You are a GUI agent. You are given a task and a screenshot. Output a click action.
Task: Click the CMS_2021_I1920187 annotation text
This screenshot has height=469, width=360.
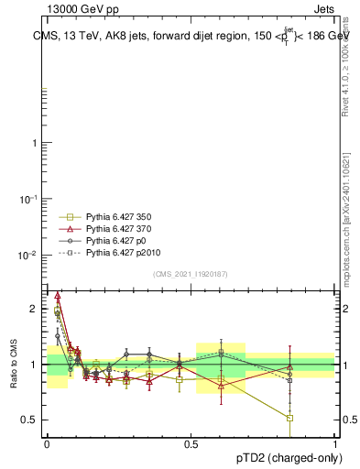pyautogui.click(x=191, y=274)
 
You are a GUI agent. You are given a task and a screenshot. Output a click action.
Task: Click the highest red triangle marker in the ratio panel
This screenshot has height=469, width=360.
pyautogui.click(x=58, y=296)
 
